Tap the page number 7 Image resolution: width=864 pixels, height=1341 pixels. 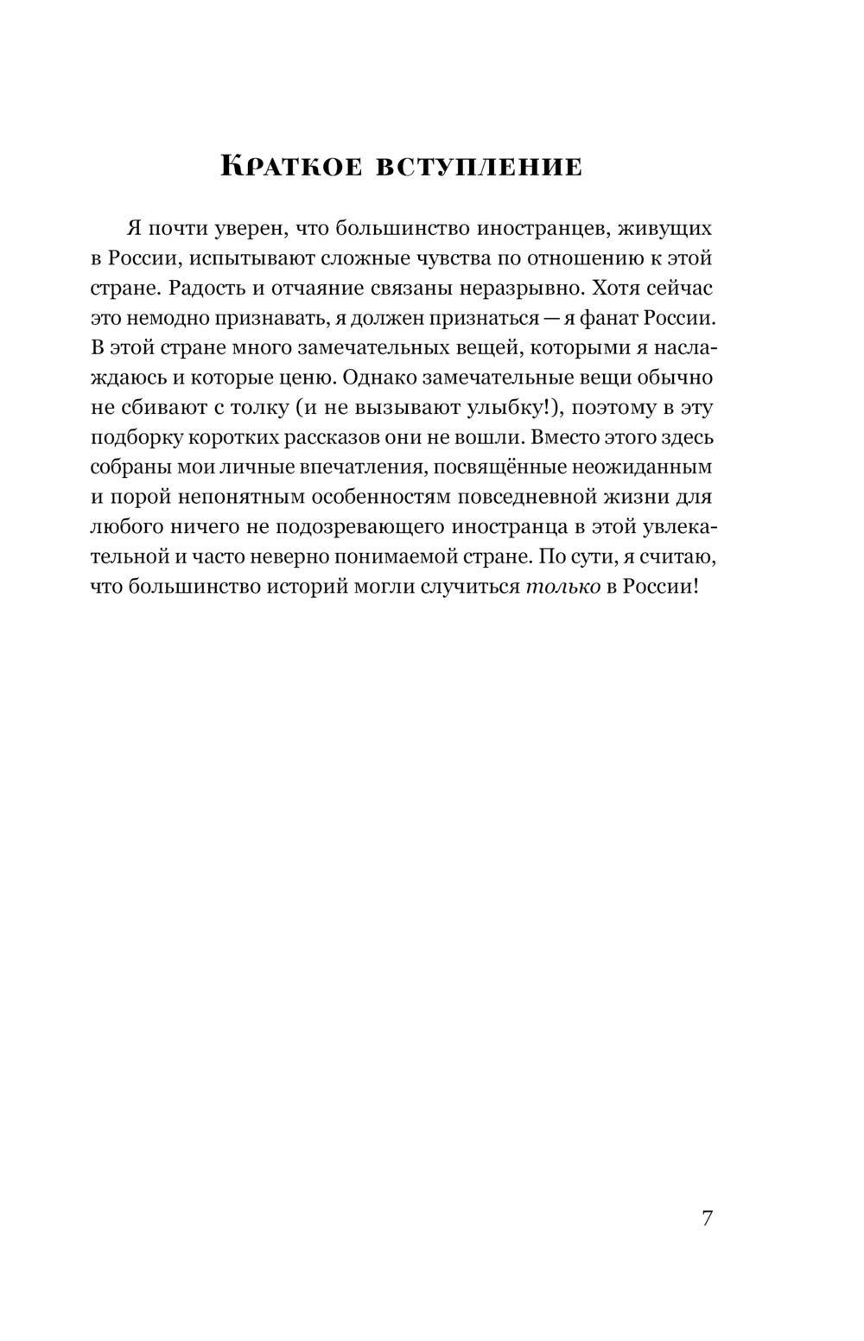(x=707, y=1218)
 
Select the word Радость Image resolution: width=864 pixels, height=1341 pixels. (x=205, y=288)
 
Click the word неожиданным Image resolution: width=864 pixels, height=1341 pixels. (x=646, y=467)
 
